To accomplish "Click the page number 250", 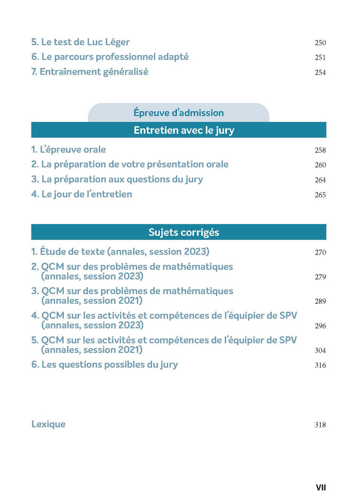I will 320,43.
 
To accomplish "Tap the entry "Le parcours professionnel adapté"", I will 110,57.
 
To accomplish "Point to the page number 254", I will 320,73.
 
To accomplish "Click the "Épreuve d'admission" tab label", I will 178,113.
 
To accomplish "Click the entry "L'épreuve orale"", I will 68,150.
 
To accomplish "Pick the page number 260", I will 320,166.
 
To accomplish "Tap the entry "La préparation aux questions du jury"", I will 117,179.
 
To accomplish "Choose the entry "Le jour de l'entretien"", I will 81,194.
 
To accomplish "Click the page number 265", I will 320,195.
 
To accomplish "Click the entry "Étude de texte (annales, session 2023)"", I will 120,252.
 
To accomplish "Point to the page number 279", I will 320,277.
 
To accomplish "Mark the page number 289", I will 320,301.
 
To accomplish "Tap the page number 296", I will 320,326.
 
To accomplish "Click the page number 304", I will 320,351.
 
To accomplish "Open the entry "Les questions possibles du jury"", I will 104,364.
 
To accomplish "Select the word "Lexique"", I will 48,424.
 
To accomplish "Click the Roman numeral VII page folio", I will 320,487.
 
